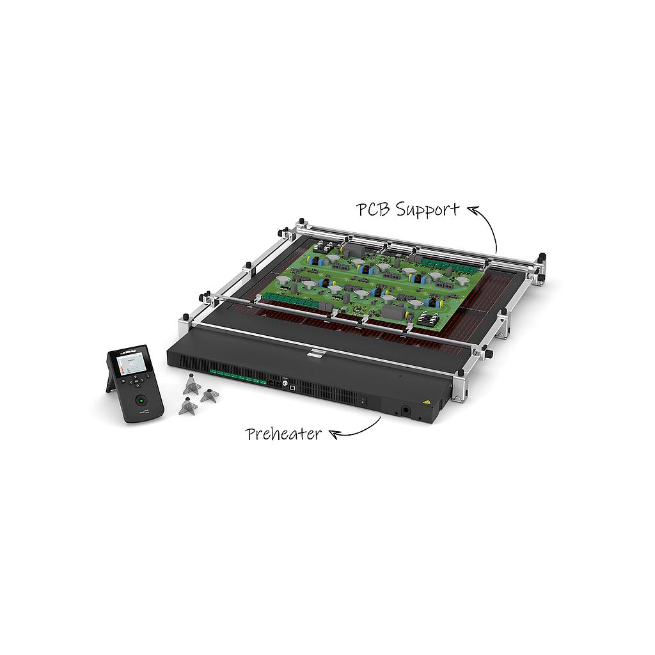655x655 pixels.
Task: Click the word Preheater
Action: [x=283, y=434]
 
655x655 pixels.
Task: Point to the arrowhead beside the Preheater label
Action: [x=333, y=434]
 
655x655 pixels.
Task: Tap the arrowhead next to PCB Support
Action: [x=472, y=208]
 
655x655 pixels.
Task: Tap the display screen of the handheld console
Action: [x=130, y=365]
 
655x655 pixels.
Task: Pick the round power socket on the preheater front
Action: [x=405, y=409]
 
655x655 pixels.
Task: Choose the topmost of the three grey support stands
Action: [x=191, y=385]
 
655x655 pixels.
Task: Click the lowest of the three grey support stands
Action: [x=187, y=407]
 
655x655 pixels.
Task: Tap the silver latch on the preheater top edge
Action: [x=315, y=352]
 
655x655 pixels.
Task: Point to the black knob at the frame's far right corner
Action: [x=541, y=257]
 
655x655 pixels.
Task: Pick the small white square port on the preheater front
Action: [x=292, y=387]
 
